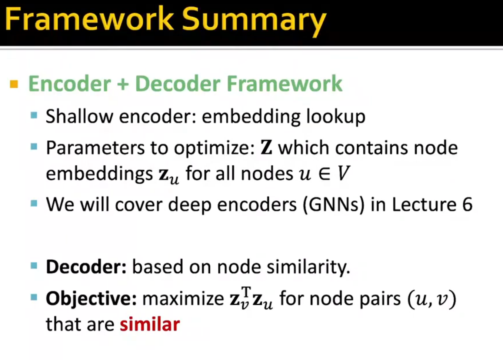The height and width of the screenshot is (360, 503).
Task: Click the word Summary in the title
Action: [254, 20]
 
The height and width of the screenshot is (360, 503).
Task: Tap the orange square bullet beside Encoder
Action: [14, 84]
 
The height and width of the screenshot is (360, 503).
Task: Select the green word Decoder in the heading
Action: [177, 84]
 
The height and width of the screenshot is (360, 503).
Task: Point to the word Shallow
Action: [79, 116]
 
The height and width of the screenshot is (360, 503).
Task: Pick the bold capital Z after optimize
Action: [266, 147]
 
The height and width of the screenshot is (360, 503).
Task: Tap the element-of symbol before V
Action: [324, 173]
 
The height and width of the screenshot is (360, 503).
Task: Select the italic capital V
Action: [343, 173]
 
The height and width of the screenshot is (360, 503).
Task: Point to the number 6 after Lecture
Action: [467, 204]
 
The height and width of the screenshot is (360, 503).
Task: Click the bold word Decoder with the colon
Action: [86, 267]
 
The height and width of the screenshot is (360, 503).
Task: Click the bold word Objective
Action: [91, 299]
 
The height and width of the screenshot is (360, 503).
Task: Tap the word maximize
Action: [183, 299]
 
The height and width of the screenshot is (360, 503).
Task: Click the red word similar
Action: [150, 324]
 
